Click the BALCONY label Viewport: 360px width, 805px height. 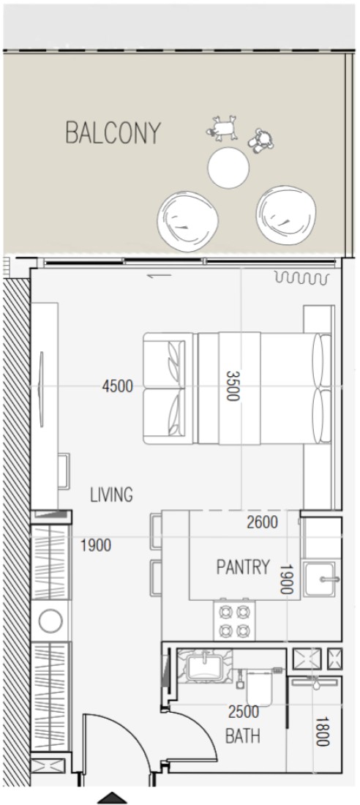click(x=113, y=132)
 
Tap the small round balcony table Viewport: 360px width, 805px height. click(x=228, y=168)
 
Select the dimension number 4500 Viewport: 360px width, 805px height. click(x=118, y=386)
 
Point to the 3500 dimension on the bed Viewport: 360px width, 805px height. click(x=233, y=386)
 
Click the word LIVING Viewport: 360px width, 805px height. click(x=111, y=495)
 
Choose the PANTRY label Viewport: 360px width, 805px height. click(x=243, y=566)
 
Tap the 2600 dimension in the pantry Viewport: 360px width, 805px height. click(x=263, y=523)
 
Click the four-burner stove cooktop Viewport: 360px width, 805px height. click(x=234, y=620)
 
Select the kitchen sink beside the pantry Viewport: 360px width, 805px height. click(x=322, y=579)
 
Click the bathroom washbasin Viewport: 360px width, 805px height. click(x=204, y=666)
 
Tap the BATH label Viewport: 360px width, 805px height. click(x=243, y=736)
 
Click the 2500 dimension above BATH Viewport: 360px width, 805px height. click(x=244, y=712)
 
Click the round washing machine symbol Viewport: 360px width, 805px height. click(x=50, y=621)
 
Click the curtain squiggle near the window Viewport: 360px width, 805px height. click(x=302, y=278)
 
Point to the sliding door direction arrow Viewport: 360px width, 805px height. click(x=159, y=276)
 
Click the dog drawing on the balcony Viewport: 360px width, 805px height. click(x=222, y=128)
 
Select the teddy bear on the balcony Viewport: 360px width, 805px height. click(x=261, y=141)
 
